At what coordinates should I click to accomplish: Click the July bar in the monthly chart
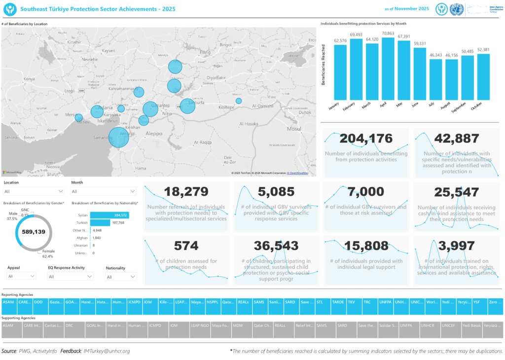click(435, 80)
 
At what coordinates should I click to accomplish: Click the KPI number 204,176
click(366, 139)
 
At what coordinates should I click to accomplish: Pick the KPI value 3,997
click(457, 246)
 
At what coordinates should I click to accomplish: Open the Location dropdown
click(34, 191)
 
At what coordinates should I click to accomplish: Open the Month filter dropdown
click(104, 191)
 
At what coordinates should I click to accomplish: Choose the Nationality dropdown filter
click(121, 277)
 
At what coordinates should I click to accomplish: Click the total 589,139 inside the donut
click(34, 232)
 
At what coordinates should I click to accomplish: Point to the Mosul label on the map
click(294, 129)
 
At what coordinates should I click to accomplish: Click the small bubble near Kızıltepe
click(239, 101)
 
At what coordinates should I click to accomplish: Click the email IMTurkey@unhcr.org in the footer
click(107, 351)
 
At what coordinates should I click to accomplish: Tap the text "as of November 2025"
click(406, 9)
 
